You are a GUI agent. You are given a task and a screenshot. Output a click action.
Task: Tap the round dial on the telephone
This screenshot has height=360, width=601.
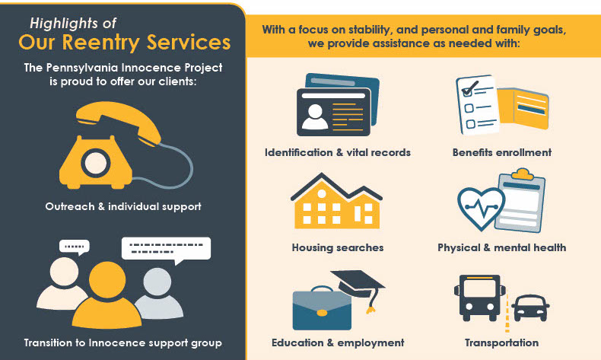(x=96, y=163)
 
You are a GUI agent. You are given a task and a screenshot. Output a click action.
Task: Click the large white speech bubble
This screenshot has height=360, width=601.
(x=166, y=250)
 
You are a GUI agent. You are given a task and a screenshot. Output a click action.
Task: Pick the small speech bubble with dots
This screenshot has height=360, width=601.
(x=75, y=247)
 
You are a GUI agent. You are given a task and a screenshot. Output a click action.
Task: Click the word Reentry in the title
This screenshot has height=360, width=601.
(x=101, y=42)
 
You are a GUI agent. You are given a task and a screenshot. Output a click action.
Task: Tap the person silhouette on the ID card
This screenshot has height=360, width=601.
(x=315, y=116)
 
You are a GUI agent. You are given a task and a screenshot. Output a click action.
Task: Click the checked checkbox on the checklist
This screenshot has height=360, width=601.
(x=468, y=91)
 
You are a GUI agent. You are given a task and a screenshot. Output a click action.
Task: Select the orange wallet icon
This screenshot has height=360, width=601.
(x=523, y=108)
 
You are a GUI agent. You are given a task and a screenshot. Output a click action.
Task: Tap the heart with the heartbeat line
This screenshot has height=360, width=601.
(x=482, y=209)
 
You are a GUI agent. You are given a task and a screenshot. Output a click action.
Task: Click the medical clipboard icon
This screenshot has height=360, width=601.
(x=521, y=201)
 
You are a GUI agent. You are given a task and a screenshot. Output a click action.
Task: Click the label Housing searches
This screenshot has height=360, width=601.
(x=338, y=247)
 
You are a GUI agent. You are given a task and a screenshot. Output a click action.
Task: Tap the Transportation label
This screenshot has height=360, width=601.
(x=502, y=342)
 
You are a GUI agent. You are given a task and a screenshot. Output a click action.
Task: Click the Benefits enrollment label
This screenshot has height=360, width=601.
(x=502, y=152)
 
